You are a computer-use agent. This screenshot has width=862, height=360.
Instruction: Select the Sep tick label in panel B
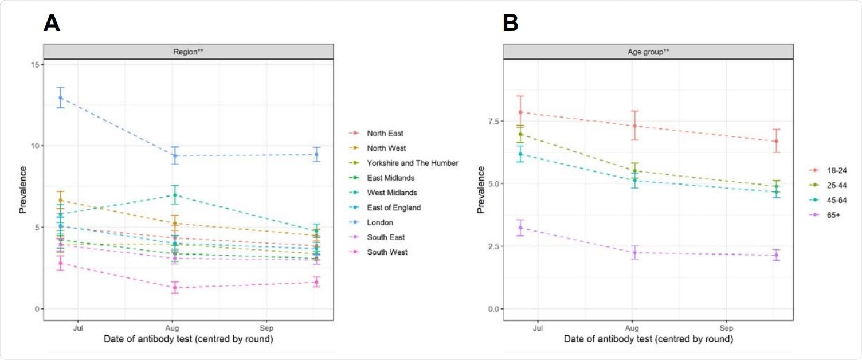[726, 328]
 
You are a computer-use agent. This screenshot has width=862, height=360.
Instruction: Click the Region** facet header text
[189, 52]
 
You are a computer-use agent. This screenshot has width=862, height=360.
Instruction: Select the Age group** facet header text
[648, 52]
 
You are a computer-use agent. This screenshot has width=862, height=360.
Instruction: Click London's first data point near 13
[60, 97]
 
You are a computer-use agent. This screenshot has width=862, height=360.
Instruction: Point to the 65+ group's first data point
[520, 228]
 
